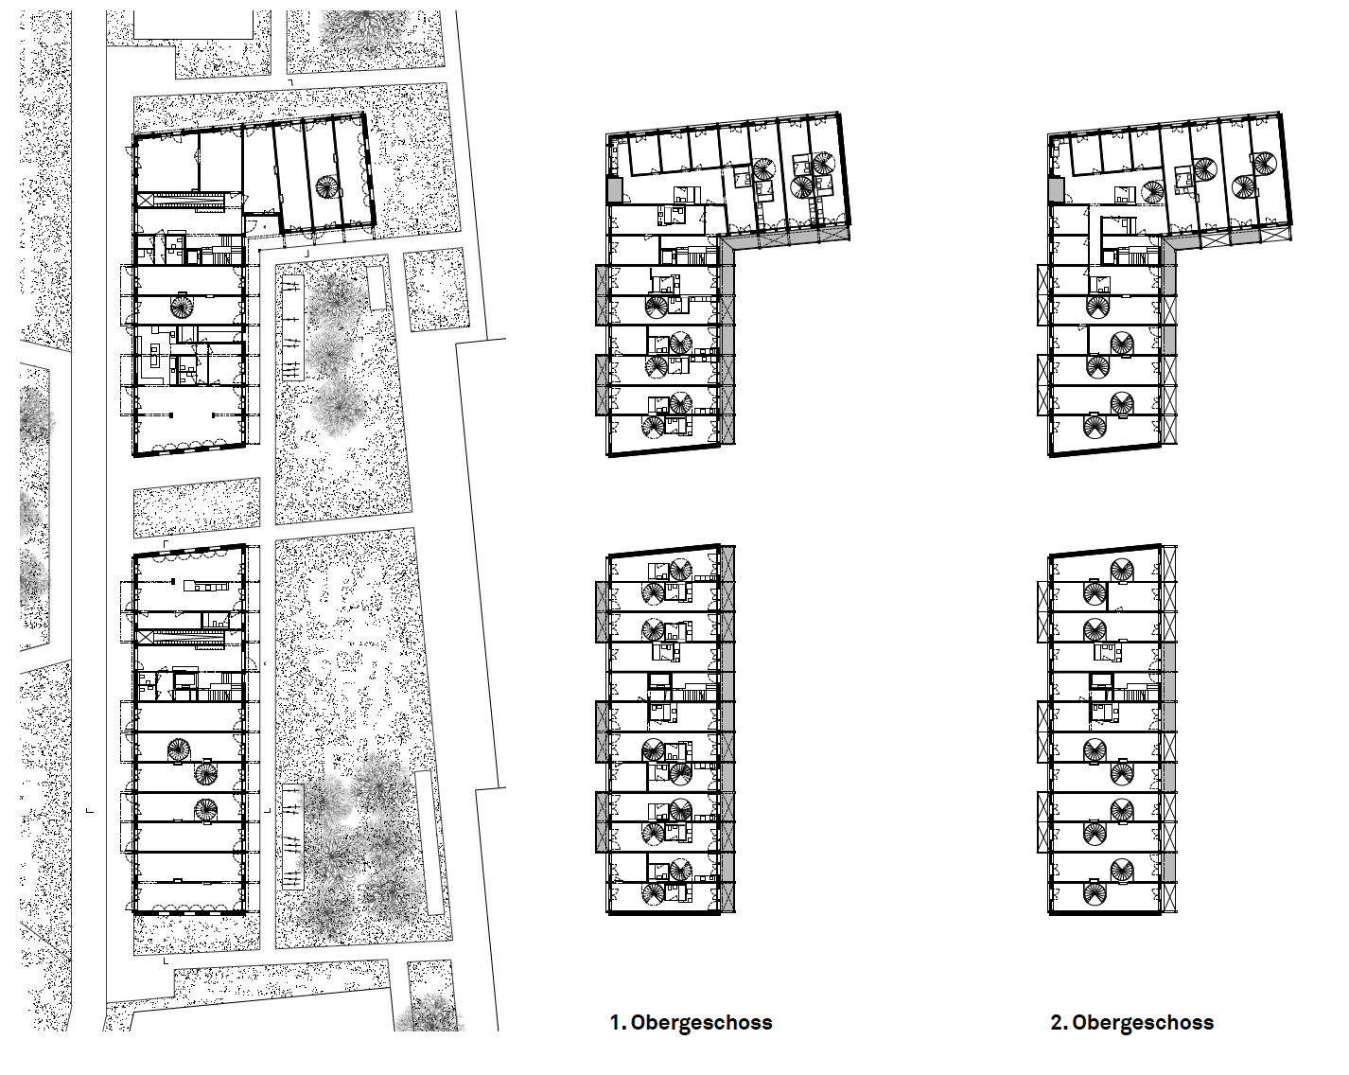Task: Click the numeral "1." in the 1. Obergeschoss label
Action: coord(618,1022)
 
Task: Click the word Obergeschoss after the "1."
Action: coord(701,1023)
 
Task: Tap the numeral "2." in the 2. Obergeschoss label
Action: coord(1060,1022)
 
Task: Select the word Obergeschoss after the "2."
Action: coord(1144,1023)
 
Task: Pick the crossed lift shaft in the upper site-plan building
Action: coord(145,200)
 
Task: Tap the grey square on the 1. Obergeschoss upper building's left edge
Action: coord(615,190)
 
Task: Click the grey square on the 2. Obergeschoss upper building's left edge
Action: coord(1057,190)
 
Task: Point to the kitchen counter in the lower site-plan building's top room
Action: coord(205,586)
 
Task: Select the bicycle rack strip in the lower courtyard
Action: coord(292,837)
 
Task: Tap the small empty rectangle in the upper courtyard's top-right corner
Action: coord(377,288)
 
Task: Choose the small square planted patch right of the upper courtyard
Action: coord(436,290)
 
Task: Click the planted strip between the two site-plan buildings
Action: coord(197,507)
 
